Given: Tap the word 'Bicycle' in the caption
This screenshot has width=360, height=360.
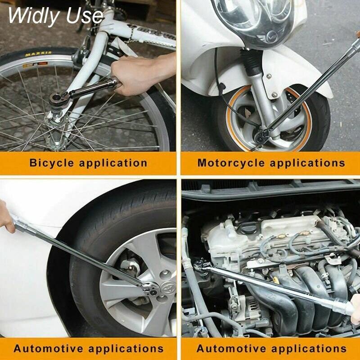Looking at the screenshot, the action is click(52, 163).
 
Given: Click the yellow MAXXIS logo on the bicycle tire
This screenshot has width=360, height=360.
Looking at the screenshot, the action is click(38, 54).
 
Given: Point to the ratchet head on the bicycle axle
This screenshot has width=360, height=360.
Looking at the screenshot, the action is click(58, 99).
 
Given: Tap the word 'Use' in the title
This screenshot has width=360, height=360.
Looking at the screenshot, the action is click(85, 16).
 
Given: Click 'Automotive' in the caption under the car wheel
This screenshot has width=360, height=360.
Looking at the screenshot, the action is click(48, 348).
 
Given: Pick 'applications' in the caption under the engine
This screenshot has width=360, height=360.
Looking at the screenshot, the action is click(309, 348).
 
